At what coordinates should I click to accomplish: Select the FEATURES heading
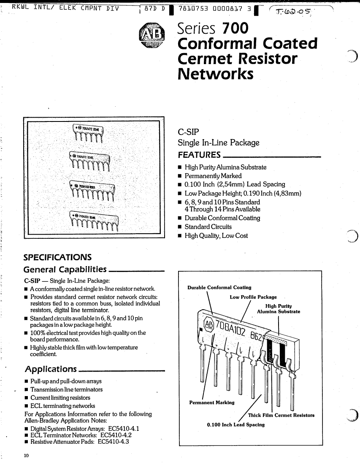click(200, 154)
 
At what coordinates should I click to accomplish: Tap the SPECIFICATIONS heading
click(58, 257)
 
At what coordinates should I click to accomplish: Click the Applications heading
click(51, 370)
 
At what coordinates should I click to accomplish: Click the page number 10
click(26, 456)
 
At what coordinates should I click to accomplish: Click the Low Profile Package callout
click(253, 297)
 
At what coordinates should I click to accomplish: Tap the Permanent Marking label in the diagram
click(212, 402)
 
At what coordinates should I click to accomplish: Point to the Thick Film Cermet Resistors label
click(281, 415)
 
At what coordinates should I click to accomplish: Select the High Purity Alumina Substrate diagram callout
click(279, 309)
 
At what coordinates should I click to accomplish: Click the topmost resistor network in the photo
click(89, 133)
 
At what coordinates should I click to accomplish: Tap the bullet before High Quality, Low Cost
click(180, 236)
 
